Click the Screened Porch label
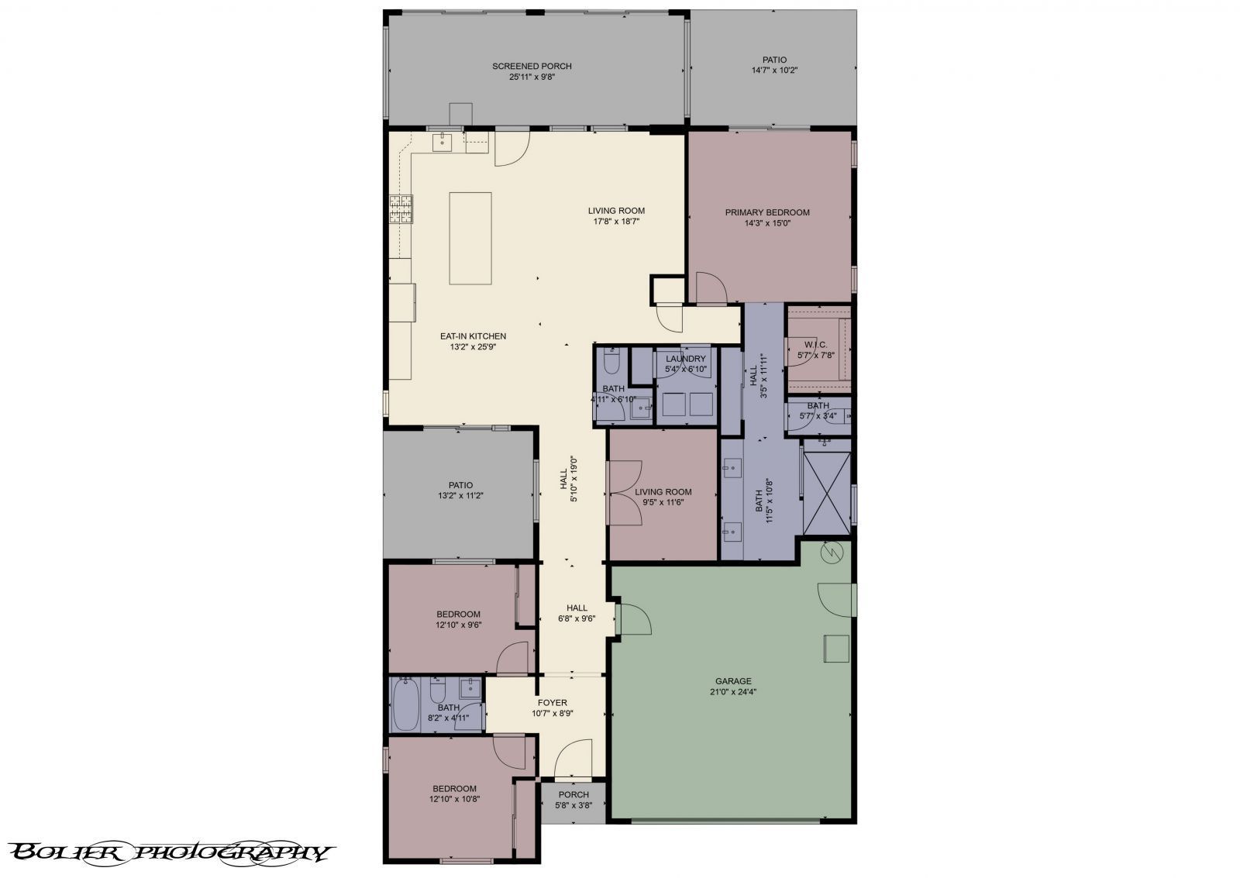(532, 66)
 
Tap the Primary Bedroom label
(767, 212)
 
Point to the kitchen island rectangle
(470, 238)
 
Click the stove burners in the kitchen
(401, 209)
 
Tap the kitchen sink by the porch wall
(444, 140)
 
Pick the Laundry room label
(686, 359)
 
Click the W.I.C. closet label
(816, 344)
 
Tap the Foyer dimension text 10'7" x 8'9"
(553, 714)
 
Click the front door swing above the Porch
(573, 759)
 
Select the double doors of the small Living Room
(624, 494)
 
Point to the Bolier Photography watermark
(170, 852)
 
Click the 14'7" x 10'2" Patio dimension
(774, 70)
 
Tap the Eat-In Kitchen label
(473, 336)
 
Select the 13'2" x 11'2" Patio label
(460, 485)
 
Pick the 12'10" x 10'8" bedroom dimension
(455, 799)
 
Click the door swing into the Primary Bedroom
(711, 288)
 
